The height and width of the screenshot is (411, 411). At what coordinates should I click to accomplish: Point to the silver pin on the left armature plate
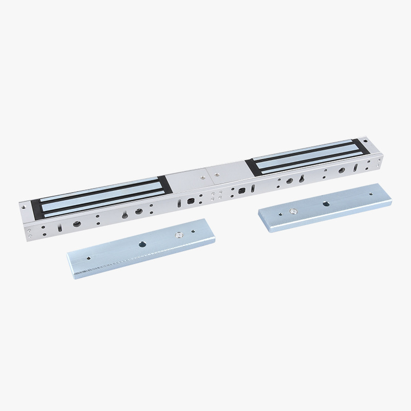coord(178,235)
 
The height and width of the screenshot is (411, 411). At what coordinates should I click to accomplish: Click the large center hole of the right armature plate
coord(324,203)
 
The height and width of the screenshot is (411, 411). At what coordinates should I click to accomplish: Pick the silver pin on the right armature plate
coord(293,211)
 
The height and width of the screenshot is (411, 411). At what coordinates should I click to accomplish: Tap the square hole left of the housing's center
coord(191,201)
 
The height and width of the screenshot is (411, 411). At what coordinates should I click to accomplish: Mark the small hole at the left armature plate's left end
coord(88,259)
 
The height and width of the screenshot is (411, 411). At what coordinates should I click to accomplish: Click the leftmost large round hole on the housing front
coord(77,225)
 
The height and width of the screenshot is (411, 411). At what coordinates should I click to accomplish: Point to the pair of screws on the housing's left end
coord(29,234)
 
